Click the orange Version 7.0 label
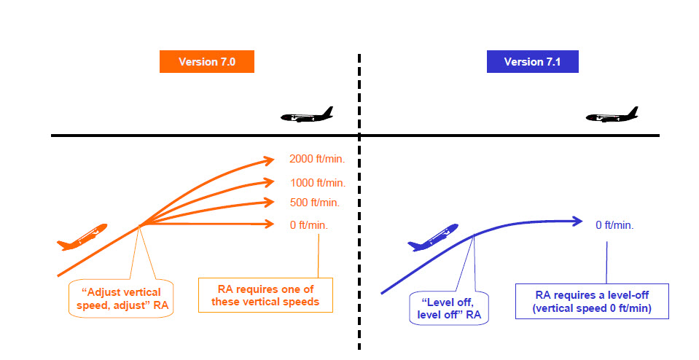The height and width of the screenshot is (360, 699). pyautogui.click(x=207, y=62)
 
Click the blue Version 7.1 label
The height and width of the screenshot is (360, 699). pyautogui.click(x=533, y=62)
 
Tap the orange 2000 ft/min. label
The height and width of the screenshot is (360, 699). pyautogui.click(x=316, y=159)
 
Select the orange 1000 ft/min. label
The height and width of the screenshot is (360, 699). pyautogui.click(x=316, y=182)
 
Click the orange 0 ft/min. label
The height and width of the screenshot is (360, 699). pyautogui.click(x=308, y=225)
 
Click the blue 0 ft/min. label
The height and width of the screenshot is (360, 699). pyautogui.click(x=614, y=224)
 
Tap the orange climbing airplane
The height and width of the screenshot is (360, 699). pyautogui.click(x=82, y=237)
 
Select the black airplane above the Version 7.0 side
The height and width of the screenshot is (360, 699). pyautogui.click(x=307, y=116)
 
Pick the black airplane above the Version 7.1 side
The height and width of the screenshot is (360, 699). pyautogui.click(x=612, y=116)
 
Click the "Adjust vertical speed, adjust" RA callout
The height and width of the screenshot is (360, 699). pyautogui.click(x=121, y=294)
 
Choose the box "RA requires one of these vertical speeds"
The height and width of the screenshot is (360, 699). pyautogui.click(x=265, y=295)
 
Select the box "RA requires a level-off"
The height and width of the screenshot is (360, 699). pyautogui.click(x=591, y=301)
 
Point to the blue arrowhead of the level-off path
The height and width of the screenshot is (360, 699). pyautogui.click(x=577, y=221)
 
